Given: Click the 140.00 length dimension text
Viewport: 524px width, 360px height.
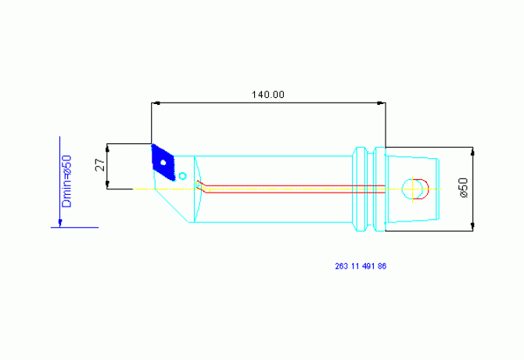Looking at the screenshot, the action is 267,95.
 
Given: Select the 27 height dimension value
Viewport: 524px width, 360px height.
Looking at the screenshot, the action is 100,165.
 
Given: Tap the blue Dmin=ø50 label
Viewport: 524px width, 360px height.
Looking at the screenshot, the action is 66,181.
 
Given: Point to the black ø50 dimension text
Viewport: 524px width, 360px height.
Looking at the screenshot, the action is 464,188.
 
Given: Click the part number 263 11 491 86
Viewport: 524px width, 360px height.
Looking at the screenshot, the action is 361,266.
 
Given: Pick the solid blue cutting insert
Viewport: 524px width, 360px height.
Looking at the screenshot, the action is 163,162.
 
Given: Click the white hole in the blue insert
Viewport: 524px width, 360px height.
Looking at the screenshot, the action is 163,163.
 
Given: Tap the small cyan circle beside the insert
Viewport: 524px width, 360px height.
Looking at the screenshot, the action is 182,176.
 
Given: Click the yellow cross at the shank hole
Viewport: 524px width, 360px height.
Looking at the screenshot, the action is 413,189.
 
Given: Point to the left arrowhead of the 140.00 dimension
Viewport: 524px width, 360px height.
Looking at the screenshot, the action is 156,103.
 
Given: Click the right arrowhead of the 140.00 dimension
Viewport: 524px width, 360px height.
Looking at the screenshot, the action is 382,103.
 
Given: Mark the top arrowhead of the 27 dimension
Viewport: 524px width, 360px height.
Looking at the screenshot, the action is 107,148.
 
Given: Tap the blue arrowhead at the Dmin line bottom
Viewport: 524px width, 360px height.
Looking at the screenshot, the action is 60,223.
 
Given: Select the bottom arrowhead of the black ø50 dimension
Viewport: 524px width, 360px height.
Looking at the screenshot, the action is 472,227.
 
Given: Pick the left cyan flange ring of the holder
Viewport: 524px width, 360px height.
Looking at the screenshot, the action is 360,189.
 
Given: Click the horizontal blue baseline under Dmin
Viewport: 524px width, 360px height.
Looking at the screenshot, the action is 74,227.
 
